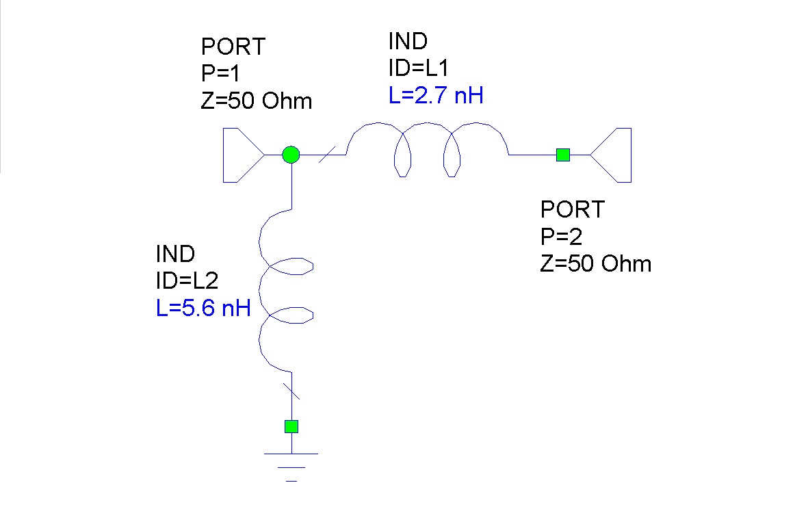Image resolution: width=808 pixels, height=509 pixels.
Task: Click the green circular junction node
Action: pos(291,155)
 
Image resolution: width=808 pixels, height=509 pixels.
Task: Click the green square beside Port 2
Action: pos(562,155)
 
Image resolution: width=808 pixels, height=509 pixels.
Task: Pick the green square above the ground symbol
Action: pos(291,426)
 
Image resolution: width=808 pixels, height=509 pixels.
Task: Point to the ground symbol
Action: pos(291,465)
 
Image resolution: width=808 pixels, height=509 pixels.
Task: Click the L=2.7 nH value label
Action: pos(436,95)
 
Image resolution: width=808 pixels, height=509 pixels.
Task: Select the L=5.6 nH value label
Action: pos(203,309)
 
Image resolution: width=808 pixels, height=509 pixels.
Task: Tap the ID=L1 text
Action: pos(418,68)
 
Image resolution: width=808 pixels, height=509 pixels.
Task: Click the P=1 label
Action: pos(223,75)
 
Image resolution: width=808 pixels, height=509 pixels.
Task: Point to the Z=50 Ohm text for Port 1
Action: pos(257,102)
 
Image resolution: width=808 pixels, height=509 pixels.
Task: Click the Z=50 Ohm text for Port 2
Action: pos(595,264)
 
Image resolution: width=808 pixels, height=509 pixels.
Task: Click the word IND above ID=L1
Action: pos(408,41)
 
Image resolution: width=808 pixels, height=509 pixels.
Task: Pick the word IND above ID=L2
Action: pos(176,254)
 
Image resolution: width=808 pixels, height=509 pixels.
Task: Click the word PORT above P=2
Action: pos(573,209)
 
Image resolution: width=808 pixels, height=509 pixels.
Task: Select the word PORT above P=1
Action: pos(233,47)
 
